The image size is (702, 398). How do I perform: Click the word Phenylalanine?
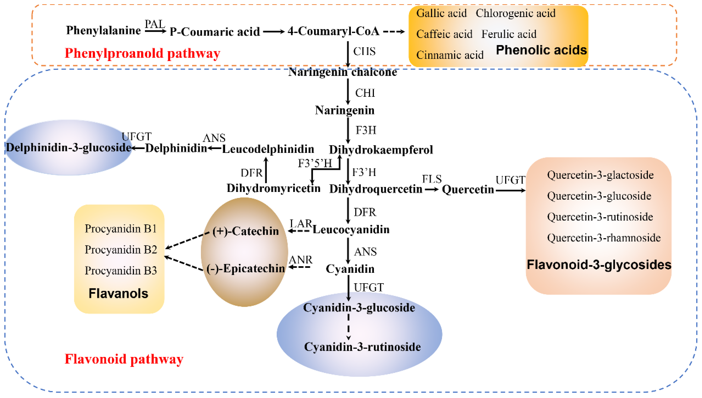pyautogui.click(x=103, y=30)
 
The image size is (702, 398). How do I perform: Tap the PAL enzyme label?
pyautogui.click(x=155, y=24)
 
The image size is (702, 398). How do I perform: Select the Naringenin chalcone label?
pyautogui.click(x=342, y=72)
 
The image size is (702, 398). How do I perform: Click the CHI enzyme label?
pyautogui.click(x=365, y=93)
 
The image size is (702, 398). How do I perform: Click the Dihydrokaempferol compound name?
pyautogui.click(x=381, y=150)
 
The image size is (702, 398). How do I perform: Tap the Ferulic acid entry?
pyautogui.click(x=509, y=34)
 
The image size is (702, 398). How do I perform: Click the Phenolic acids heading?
pyautogui.click(x=541, y=50)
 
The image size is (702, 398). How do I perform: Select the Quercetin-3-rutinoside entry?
pyautogui.click(x=600, y=217)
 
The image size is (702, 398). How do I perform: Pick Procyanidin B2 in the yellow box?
pyautogui.click(x=121, y=250)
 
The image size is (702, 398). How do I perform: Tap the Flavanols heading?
pyautogui.click(x=118, y=294)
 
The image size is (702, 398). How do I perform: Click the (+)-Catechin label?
pyautogui.click(x=245, y=231)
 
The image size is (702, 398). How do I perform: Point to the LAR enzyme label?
pyautogui.click(x=301, y=224)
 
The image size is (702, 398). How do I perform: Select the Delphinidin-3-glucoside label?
pyautogui.click(x=69, y=148)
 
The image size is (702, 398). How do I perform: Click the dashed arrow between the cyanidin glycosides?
pyautogui.click(x=348, y=327)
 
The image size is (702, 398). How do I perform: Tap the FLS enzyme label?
pyautogui.click(x=432, y=179)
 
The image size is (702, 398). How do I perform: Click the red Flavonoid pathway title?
pyautogui.click(x=124, y=359)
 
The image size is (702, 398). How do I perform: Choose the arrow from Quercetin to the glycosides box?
pyautogui.click(x=510, y=191)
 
